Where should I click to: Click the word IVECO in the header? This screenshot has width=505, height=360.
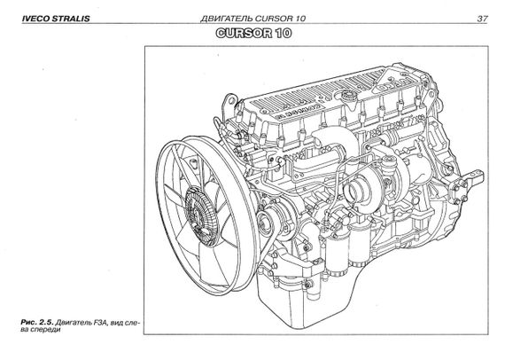35,19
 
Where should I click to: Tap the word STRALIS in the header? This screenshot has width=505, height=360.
71,19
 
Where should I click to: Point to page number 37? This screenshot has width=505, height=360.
482,19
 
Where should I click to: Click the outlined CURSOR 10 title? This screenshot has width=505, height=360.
253,33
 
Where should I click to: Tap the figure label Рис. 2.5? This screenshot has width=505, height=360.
37,323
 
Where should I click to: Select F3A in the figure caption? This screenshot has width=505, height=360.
99,323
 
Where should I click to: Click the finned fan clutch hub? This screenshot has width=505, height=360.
201,211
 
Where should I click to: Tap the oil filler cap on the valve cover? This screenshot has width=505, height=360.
348,96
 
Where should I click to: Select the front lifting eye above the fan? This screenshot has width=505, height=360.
230,101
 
